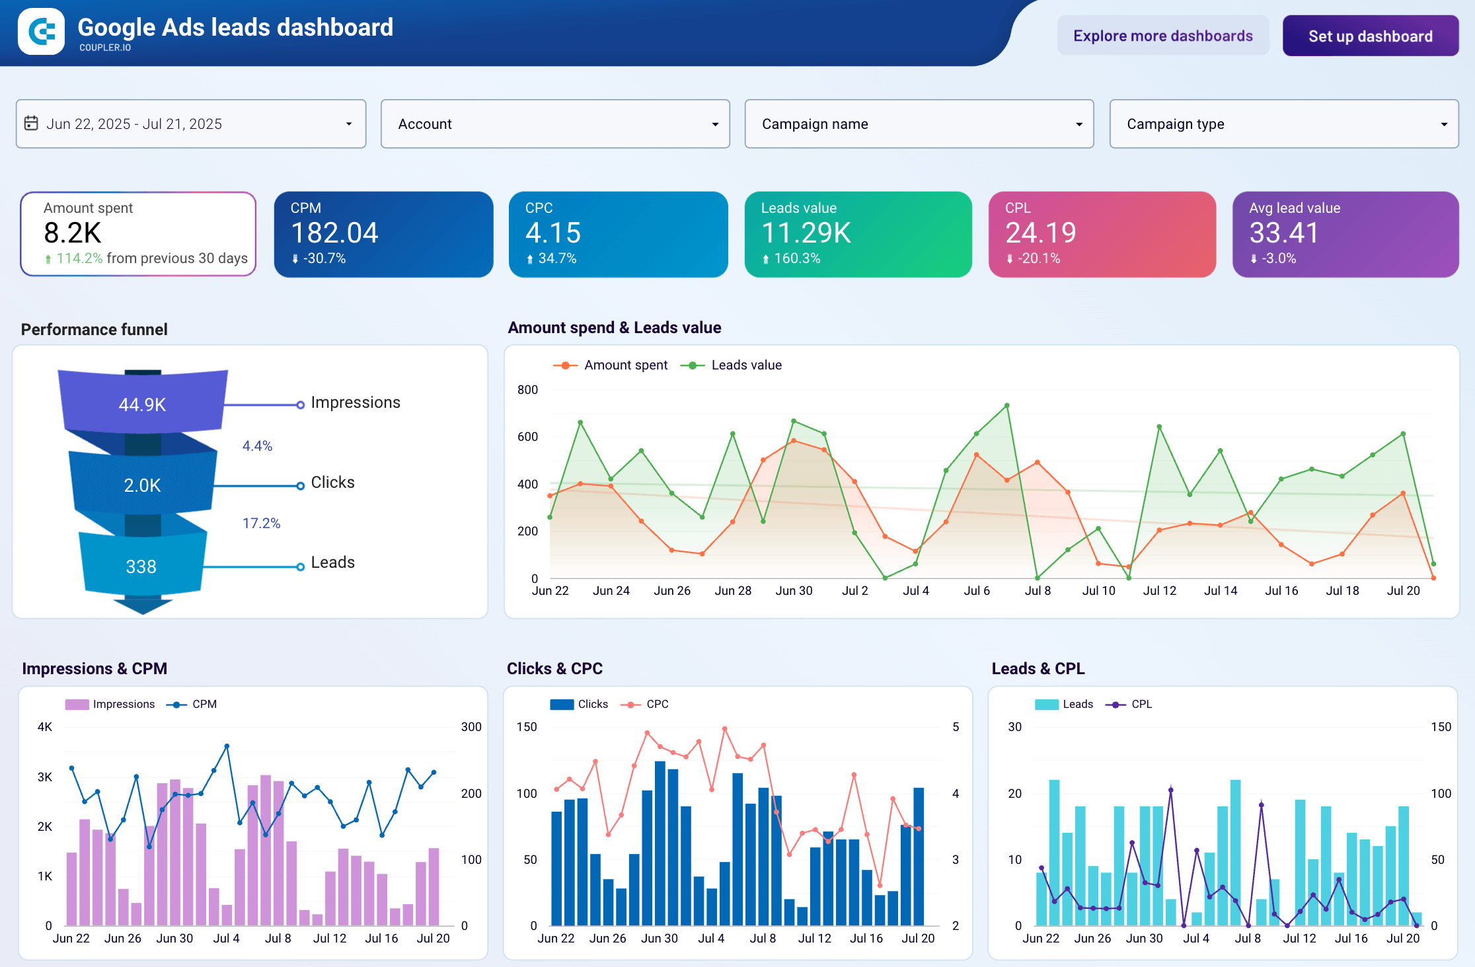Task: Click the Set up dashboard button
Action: tap(1370, 36)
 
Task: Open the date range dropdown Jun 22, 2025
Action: tap(190, 124)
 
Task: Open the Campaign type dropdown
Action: tap(1283, 124)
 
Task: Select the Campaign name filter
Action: tap(919, 124)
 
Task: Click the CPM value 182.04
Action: tap(334, 233)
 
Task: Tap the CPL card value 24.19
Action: tap(1040, 233)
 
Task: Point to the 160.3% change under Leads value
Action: tap(796, 258)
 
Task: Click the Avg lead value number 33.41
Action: tap(1283, 233)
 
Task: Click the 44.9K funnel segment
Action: tap(142, 405)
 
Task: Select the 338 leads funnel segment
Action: tap(141, 566)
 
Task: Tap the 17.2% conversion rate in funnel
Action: tap(261, 523)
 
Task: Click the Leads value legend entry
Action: tap(745, 366)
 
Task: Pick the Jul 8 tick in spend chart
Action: tap(1038, 591)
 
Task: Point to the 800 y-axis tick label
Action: tap(527, 390)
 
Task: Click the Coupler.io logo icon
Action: tap(41, 32)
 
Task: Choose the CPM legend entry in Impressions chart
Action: tap(204, 705)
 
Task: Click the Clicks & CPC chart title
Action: tap(554, 669)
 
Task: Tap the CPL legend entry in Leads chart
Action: tap(1141, 705)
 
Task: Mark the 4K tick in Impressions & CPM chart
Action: tap(45, 727)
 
